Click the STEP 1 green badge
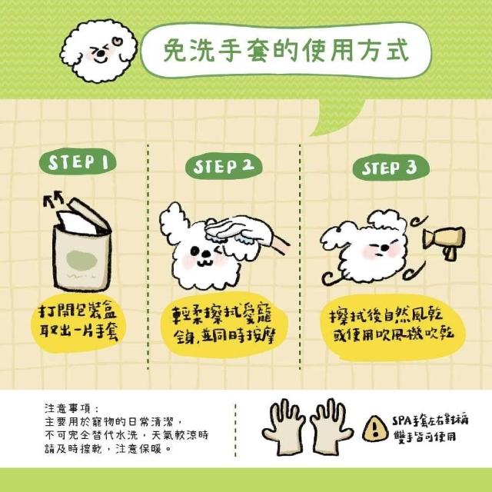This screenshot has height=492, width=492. click(x=78, y=162)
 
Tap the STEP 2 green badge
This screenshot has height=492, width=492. click(x=224, y=166)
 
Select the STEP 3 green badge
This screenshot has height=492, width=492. click(x=391, y=168)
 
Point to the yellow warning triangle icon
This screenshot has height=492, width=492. click(x=375, y=429)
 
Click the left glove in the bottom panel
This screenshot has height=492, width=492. click(x=284, y=427)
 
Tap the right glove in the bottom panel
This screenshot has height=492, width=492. click(x=331, y=427)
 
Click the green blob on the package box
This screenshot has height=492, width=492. click(x=82, y=260)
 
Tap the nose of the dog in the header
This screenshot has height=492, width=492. click(x=101, y=54)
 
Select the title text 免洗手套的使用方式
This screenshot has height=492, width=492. click(x=286, y=50)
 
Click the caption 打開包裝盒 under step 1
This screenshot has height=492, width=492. click(x=78, y=311)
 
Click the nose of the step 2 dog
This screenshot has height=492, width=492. click(x=206, y=253)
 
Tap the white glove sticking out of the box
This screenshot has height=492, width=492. click(x=75, y=222)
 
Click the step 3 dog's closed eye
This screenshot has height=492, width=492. click(x=373, y=245)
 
